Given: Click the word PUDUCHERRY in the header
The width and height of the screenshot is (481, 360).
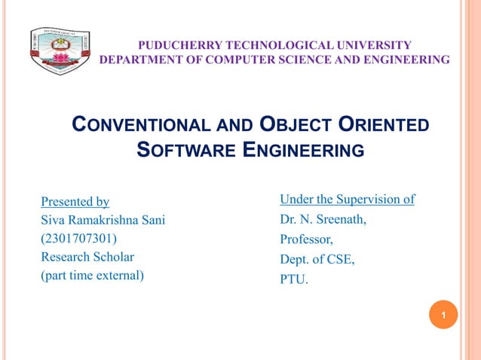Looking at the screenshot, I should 171,45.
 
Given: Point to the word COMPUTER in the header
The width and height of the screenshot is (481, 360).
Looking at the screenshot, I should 229,59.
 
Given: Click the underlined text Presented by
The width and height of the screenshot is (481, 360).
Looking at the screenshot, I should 75,201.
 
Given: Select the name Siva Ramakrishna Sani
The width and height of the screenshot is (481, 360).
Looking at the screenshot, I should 103,220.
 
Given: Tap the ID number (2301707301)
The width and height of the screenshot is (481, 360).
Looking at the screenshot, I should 78,238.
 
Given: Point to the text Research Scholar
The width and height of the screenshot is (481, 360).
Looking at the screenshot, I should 87,257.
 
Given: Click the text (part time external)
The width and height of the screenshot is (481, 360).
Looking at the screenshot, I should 92,275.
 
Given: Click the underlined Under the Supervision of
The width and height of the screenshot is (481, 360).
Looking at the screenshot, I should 347,200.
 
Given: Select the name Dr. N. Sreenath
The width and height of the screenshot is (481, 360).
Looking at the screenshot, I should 323,220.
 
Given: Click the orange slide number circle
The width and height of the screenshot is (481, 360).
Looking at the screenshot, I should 443,314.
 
